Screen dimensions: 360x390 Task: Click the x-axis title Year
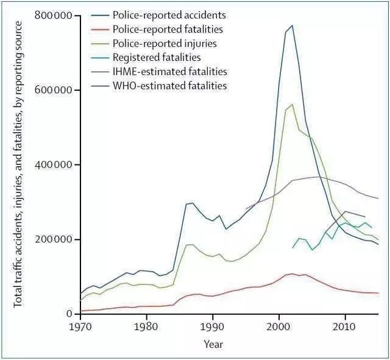[x=213, y=344]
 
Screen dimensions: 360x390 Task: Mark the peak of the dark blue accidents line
[x=292, y=26]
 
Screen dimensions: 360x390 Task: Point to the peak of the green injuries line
[x=292, y=104]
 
